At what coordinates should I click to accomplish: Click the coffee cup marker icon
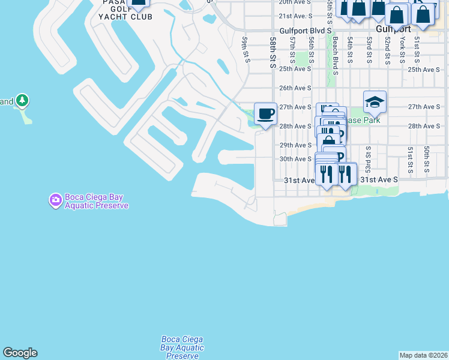click(265, 113)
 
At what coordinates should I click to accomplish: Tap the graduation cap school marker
click(375, 101)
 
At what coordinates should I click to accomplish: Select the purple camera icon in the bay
click(55, 199)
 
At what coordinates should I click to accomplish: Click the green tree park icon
click(22, 100)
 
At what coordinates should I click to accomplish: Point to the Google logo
click(20, 353)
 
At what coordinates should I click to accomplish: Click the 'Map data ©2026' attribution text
click(424, 355)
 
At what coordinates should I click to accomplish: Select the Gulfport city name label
click(393, 29)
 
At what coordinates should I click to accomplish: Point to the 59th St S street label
click(245, 49)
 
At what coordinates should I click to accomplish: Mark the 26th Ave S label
click(295, 88)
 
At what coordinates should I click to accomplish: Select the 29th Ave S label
click(295, 145)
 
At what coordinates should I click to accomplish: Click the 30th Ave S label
click(295, 159)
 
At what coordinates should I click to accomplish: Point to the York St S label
click(402, 50)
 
